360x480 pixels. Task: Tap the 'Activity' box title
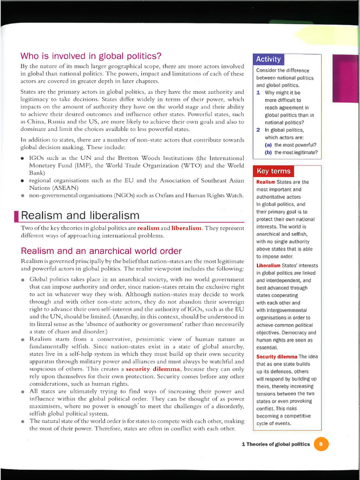[268, 59]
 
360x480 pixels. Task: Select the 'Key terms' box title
[273, 171]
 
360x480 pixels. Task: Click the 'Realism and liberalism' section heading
[80, 215]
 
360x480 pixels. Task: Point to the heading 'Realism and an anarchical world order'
[101, 251]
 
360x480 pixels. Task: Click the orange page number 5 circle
[321, 444]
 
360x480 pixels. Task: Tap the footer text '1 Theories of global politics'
[275, 444]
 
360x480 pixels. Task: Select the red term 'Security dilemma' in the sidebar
[277, 357]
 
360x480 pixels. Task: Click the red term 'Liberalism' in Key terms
[268, 265]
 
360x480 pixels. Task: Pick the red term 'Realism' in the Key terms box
[266, 182]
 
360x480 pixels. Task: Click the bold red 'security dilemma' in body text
[153, 369]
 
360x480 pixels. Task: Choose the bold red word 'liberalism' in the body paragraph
[187, 228]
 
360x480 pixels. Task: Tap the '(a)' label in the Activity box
[268, 145]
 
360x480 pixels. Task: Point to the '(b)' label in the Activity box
[268, 152]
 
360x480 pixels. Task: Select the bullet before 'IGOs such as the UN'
[23, 158]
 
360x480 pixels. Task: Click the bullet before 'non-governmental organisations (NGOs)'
[23, 195]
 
